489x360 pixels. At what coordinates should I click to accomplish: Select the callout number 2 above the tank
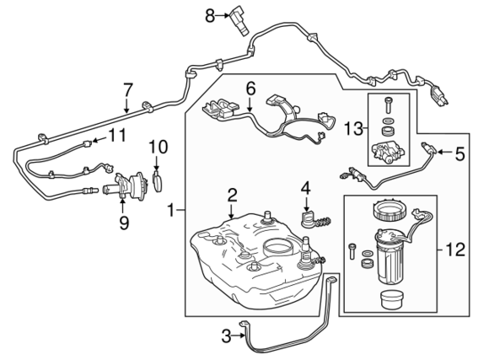point(232,196)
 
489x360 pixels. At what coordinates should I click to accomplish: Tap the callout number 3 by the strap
point(226,336)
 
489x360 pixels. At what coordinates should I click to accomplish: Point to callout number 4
point(307,187)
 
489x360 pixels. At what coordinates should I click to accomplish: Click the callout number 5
point(459,153)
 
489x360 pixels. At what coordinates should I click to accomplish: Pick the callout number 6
point(250,87)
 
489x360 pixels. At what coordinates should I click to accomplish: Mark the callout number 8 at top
point(211,13)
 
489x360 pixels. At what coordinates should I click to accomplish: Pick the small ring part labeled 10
point(158,181)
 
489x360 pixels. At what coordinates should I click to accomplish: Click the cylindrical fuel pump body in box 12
point(392,261)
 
